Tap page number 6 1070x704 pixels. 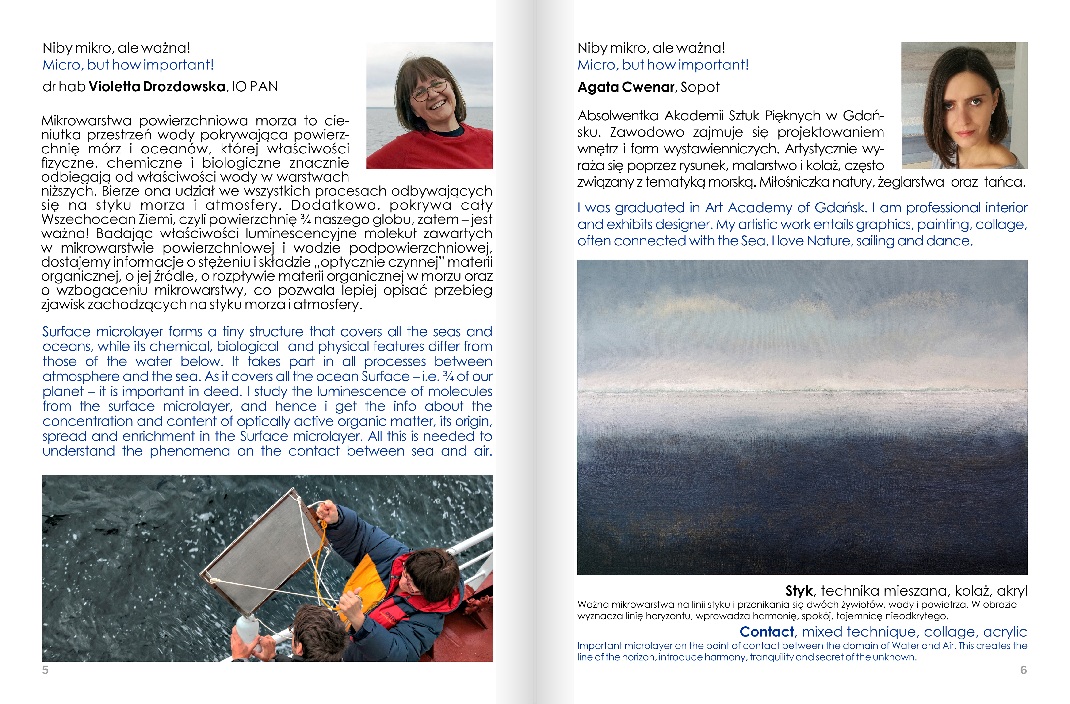(x=1023, y=670)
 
